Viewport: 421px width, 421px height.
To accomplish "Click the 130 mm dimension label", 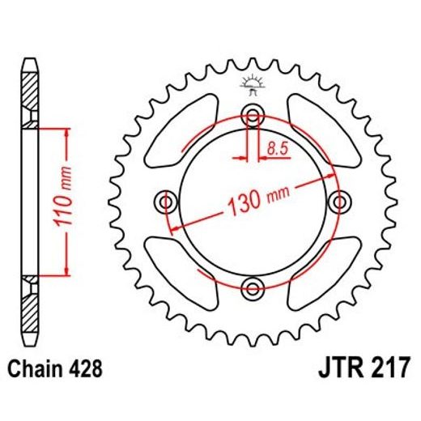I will [x=254, y=198].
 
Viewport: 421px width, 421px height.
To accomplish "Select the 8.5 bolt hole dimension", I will [x=276, y=147].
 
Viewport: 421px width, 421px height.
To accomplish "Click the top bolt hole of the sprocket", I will [x=253, y=116].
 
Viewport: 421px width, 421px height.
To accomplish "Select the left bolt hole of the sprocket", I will [x=168, y=201].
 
